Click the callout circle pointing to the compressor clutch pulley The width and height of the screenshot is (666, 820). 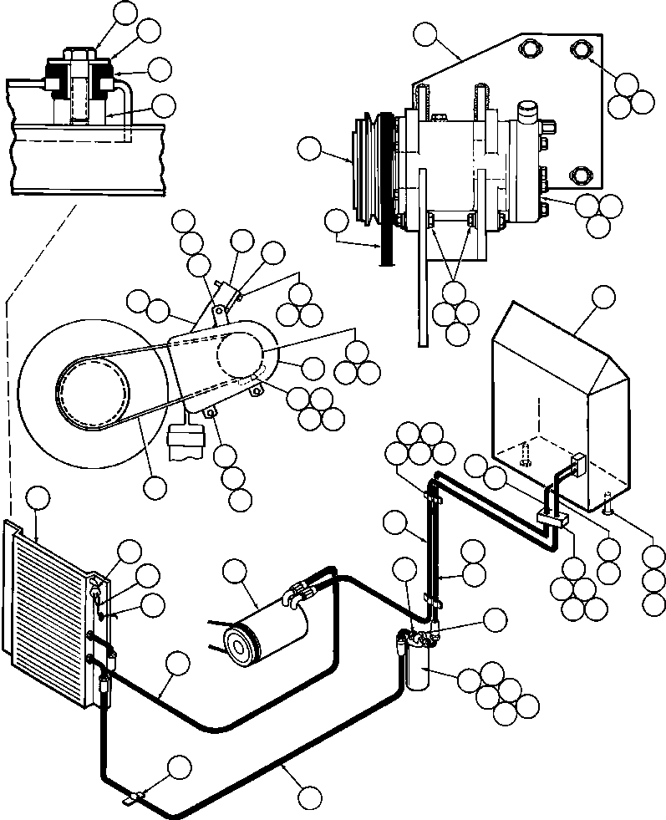pos(308,150)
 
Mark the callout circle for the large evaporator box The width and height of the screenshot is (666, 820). pos(602,297)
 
